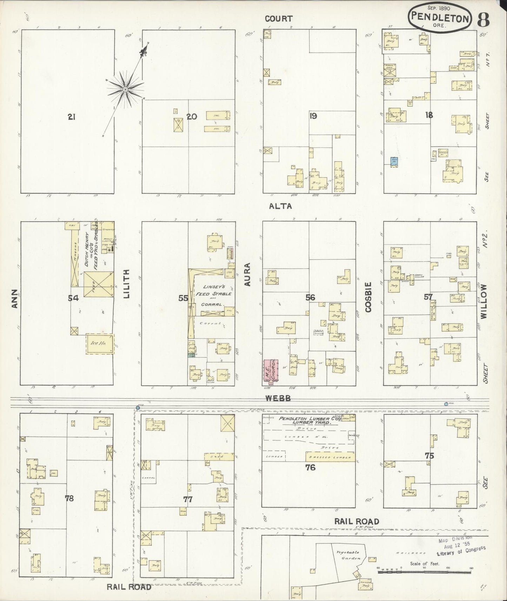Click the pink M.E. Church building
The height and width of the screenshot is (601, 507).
coord(271,370)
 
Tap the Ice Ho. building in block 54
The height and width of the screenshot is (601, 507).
coord(100,344)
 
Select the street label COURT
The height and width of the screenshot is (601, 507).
coord(279,19)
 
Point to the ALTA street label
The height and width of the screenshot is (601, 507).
coord(280,206)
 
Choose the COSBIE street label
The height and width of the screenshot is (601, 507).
coord(368,297)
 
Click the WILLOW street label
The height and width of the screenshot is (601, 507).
coord(485,301)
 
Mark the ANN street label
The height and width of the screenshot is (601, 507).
coord(14,298)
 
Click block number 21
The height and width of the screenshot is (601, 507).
coord(72,117)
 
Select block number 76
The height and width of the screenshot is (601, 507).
coord(310,467)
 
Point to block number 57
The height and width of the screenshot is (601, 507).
coord(428,297)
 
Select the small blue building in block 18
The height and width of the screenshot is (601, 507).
coord(394,161)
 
